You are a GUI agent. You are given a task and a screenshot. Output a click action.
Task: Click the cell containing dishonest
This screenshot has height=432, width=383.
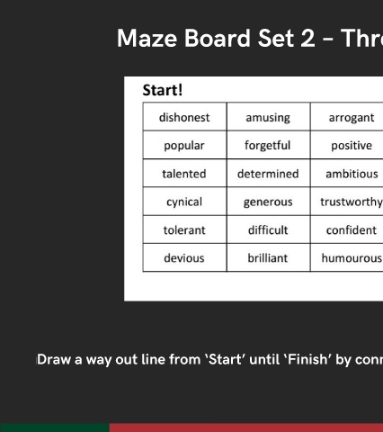185,117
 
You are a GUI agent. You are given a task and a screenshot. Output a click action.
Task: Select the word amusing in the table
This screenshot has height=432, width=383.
268,118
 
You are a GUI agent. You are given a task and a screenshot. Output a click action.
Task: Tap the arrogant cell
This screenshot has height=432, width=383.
347,117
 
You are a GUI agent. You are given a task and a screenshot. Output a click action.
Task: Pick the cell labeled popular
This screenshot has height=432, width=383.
185,145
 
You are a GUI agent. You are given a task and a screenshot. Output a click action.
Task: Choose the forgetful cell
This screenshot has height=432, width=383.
269,145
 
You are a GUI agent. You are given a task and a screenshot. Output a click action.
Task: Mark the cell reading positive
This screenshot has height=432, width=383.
347,145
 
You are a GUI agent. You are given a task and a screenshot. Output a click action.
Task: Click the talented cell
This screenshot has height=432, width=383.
185,173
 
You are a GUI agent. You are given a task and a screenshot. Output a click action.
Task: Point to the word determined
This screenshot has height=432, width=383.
268,174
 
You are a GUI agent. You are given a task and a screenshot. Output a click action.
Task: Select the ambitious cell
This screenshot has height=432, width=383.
347,173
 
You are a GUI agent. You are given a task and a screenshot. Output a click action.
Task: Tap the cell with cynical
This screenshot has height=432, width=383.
185,202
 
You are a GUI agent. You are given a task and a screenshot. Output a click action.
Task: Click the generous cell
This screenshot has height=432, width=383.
269,202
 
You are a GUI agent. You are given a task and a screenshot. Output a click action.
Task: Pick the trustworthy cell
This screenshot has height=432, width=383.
347,202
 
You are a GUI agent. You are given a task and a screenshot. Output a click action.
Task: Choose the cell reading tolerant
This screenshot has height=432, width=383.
185,229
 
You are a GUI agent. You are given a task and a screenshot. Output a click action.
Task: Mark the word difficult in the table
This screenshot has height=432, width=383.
268,230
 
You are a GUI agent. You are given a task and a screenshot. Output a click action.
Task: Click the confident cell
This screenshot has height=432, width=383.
347,229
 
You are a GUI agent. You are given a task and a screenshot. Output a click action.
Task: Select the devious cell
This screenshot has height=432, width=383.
185,257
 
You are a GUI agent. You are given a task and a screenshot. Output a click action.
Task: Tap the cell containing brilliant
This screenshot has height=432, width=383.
269,257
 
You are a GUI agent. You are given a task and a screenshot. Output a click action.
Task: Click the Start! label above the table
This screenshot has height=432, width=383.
163,90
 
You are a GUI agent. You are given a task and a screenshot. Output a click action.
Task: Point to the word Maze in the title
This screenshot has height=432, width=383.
147,39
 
